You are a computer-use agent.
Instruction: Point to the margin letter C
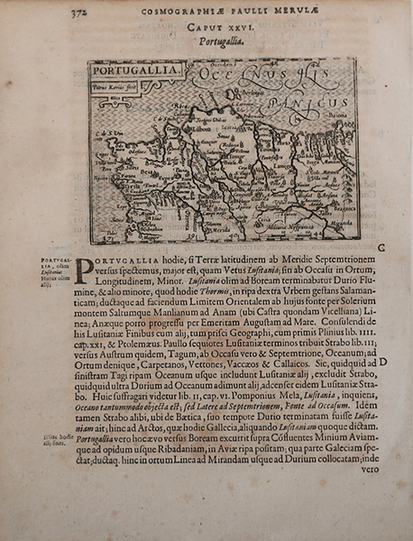pyautogui.click(x=381, y=246)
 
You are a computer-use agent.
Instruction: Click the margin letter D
pyautogui.click(x=384, y=361)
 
